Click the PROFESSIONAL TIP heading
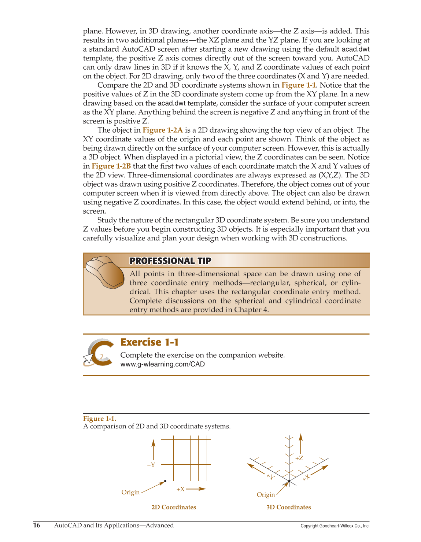(170, 261)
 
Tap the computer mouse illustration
(105, 272)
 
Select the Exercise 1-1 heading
(149, 342)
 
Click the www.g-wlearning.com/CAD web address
(162, 364)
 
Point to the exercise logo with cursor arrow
(98, 353)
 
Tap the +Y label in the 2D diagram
(151, 465)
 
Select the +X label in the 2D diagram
(180, 489)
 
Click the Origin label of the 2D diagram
(130, 492)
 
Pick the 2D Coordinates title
(174, 507)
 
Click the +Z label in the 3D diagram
(299, 458)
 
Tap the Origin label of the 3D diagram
(266, 495)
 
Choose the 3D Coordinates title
(288, 507)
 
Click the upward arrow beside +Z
(300, 443)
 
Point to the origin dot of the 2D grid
(165, 481)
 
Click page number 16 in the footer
(37, 526)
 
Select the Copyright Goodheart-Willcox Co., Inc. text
(335, 526)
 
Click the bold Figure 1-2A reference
(162, 130)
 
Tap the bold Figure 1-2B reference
(111, 166)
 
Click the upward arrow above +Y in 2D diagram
(153, 450)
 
